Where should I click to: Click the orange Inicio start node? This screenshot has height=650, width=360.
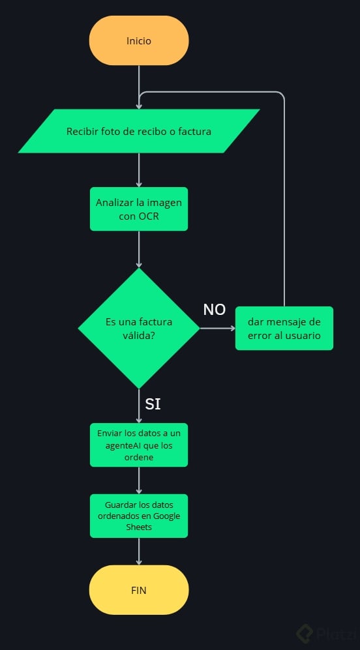tap(139, 40)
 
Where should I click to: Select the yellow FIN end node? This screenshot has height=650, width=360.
tap(139, 590)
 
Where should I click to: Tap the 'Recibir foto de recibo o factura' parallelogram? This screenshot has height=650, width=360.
tap(139, 132)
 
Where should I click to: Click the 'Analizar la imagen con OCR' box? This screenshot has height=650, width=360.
tap(139, 209)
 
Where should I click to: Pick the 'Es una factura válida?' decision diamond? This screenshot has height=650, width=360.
tap(139, 329)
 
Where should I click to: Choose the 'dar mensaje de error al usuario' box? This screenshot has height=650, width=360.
tap(284, 329)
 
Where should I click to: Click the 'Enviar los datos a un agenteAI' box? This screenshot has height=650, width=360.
tap(139, 445)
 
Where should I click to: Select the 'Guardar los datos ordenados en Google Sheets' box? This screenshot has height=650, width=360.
tap(139, 516)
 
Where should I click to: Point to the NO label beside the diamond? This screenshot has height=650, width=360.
tap(215, 310)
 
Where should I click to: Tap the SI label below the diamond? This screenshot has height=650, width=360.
tap(153, 404)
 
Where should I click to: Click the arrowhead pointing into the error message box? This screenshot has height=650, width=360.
tap(233, 329)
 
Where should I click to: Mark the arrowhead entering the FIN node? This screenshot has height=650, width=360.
tap(139, 562)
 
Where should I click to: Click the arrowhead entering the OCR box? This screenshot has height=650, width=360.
tap(139, 184)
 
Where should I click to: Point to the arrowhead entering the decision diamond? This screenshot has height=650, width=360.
tap(139, 265)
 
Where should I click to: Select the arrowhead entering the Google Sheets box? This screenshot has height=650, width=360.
tap(139, 491)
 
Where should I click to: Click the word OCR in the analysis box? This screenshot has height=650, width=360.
tap(149, 216)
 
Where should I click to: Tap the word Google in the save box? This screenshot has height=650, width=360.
tap(166, 516)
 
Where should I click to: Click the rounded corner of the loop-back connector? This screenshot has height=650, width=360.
tap(282, 95)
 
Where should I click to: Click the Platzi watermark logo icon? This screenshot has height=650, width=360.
tap(305, 634)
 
